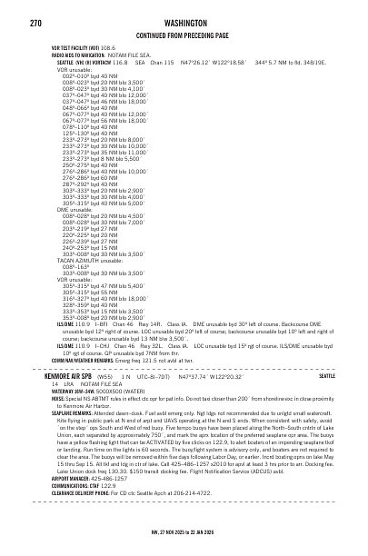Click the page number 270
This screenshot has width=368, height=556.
pos(36,15)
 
